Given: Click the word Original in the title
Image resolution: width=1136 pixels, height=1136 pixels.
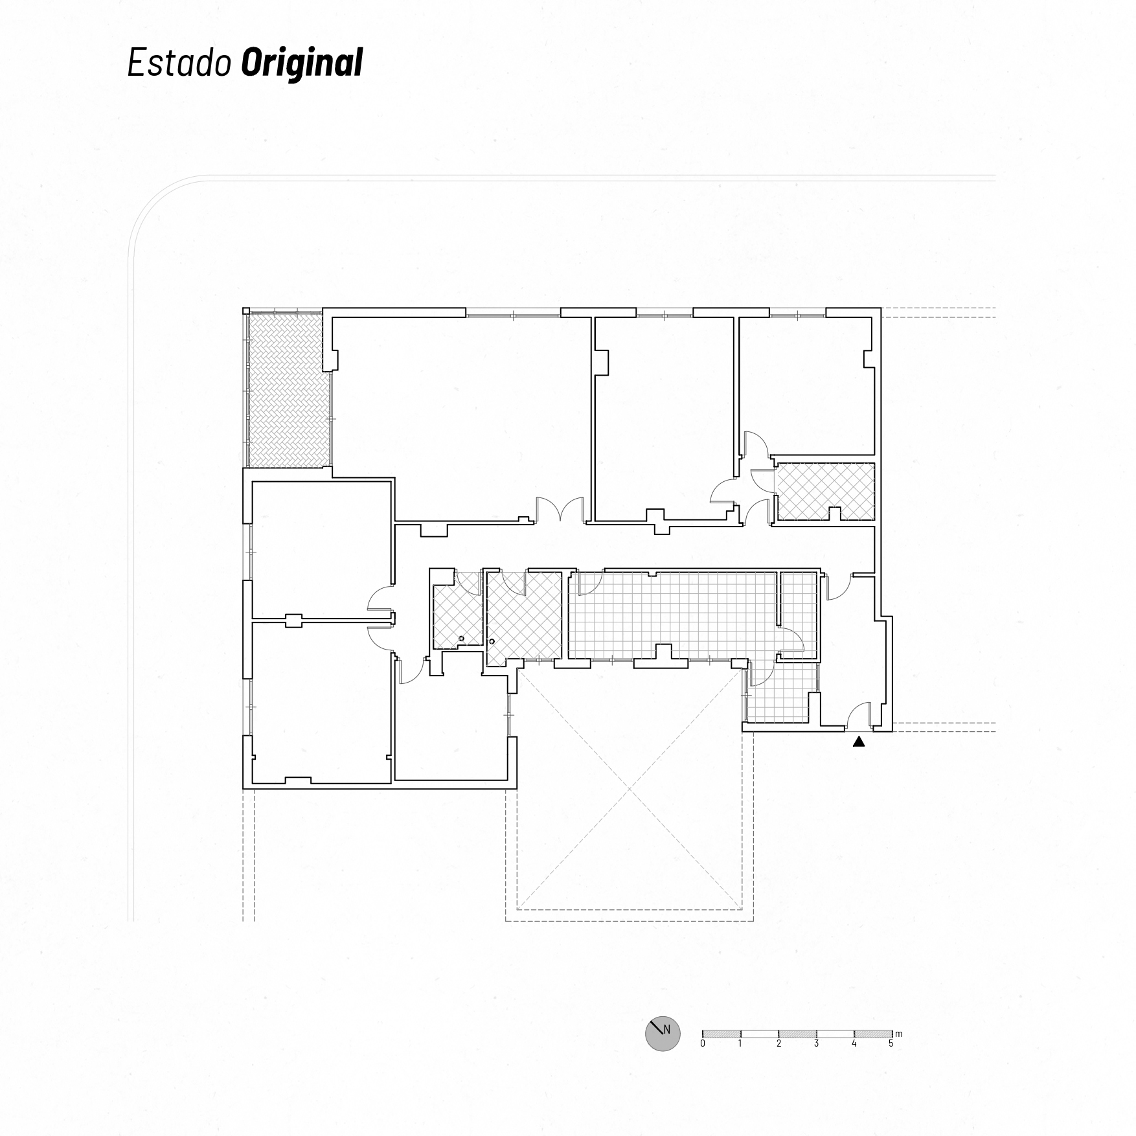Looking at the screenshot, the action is tap(302, 63).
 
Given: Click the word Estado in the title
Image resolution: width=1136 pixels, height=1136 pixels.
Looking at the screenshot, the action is tap(179, 63).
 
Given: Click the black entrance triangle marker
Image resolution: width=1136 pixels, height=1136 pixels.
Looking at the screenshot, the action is tap(859, 742).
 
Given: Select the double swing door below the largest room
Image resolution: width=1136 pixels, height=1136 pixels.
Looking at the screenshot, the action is tap(561, 509).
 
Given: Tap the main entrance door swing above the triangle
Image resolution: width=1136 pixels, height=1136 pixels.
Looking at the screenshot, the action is tap(859, 715).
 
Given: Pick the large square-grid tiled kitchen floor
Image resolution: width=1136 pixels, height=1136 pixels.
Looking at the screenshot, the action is tap(672, 614).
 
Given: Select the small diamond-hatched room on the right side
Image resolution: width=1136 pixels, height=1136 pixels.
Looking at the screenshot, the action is tap(825, 491).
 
